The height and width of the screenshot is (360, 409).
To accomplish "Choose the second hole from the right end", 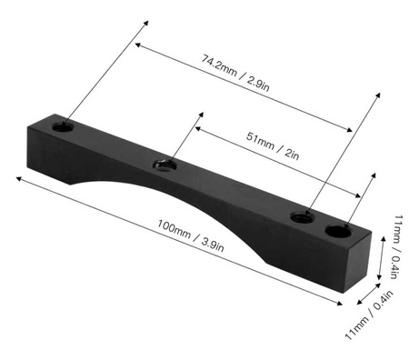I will coord(304,215).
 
